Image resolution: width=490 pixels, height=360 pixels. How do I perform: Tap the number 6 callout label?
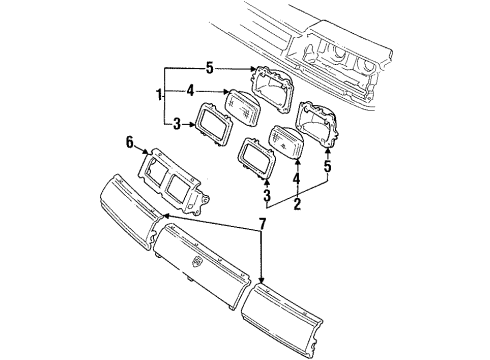click(130, 143)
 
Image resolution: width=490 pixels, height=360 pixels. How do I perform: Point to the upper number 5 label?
click(209, 69)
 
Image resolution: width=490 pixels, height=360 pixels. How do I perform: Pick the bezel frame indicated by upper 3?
click(217, 126)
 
